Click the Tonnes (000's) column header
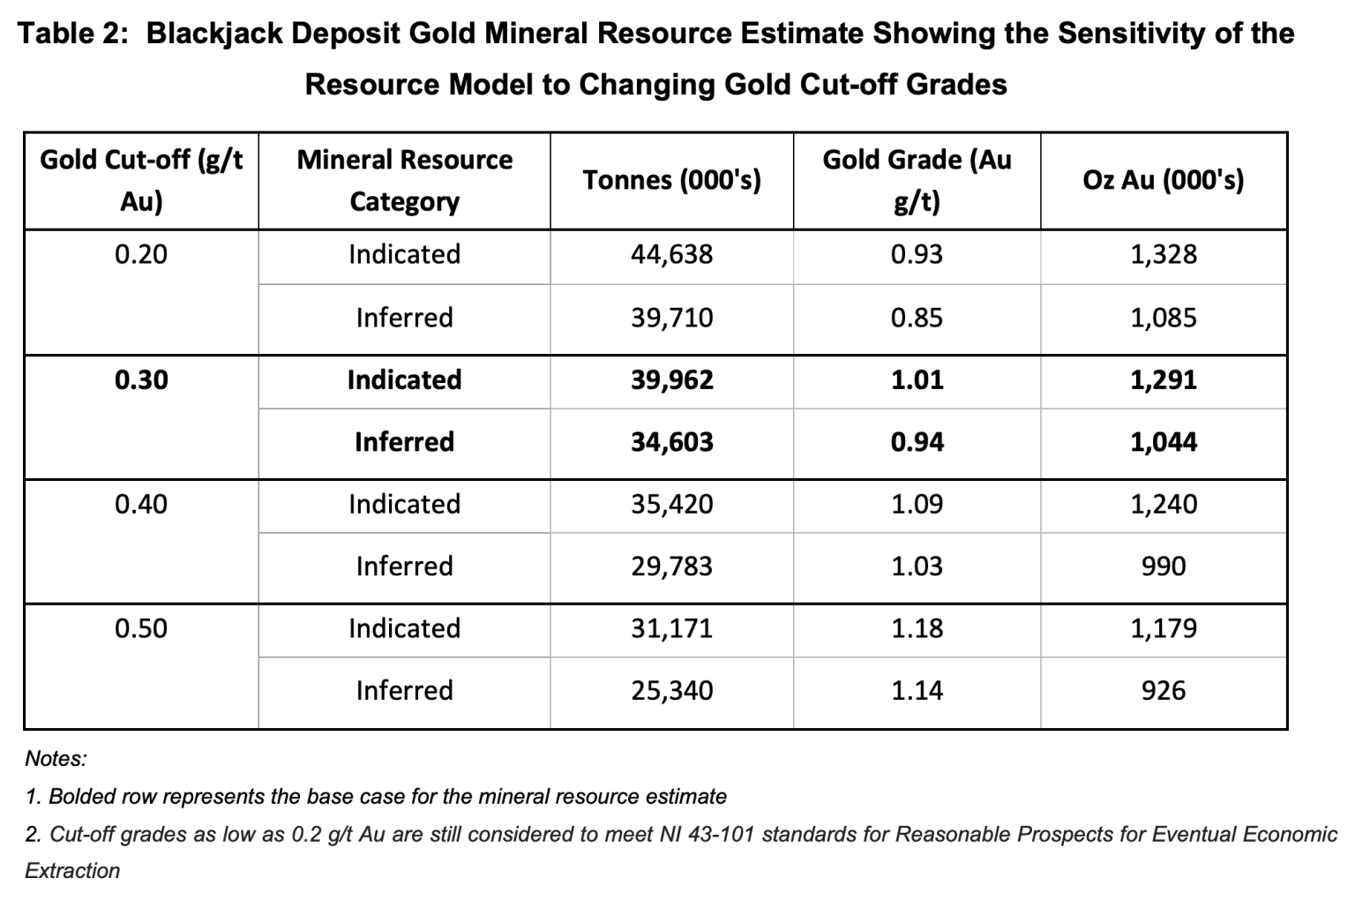[x=671, y=180]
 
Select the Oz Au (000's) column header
[x=1163, y=180]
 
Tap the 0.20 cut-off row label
[x=141, y=255]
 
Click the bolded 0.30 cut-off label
[x=141, y=380]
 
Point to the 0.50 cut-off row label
[x=141, y=629]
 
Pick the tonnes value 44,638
[x=671, y=255]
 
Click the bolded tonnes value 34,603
[x=671, y=442]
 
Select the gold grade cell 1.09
[x=917, y=505]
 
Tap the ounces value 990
[x=1163, y=567]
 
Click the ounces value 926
[x=1163, y=691]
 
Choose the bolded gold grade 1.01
[x=917, y=380]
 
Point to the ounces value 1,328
[x=1163, y=255]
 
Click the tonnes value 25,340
[x=671, y=691]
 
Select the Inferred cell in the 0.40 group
[x=404, y=567]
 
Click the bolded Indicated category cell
[x=404, y=380]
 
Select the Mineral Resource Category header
[x=404, y=180]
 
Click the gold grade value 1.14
[x=917, y=691]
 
